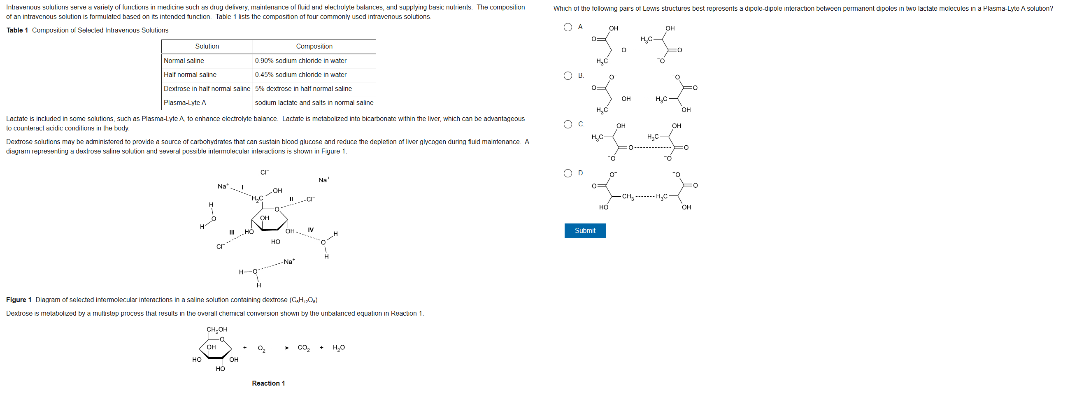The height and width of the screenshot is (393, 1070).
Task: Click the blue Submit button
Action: tap(584, 230)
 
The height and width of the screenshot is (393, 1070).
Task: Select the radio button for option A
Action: tap(568, 28)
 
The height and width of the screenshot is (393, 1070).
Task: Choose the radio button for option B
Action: tap(568, 76)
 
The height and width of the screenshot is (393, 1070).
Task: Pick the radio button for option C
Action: tap(568, 124)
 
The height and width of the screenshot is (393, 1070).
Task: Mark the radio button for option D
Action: tap(568, 173)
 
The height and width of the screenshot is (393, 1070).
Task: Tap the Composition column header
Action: tap(314, 47)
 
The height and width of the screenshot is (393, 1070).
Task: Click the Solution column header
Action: tap(207, 47)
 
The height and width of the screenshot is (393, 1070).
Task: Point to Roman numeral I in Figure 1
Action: tap(242, 187)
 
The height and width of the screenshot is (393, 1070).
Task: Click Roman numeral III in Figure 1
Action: tap(232, 232)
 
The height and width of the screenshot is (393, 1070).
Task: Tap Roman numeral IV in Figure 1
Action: tap(311, 230)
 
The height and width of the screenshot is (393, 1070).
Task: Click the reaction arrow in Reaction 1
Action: tap(281, 348)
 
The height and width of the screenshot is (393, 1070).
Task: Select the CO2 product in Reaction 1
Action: tap(304, 348)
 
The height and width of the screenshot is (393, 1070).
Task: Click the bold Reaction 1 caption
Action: tap(268, 383)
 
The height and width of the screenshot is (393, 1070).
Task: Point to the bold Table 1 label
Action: tap(17, 30)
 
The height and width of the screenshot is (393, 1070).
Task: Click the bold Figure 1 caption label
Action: tap(19, 300)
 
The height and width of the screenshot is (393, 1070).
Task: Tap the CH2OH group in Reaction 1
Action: tap(217, 330)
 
